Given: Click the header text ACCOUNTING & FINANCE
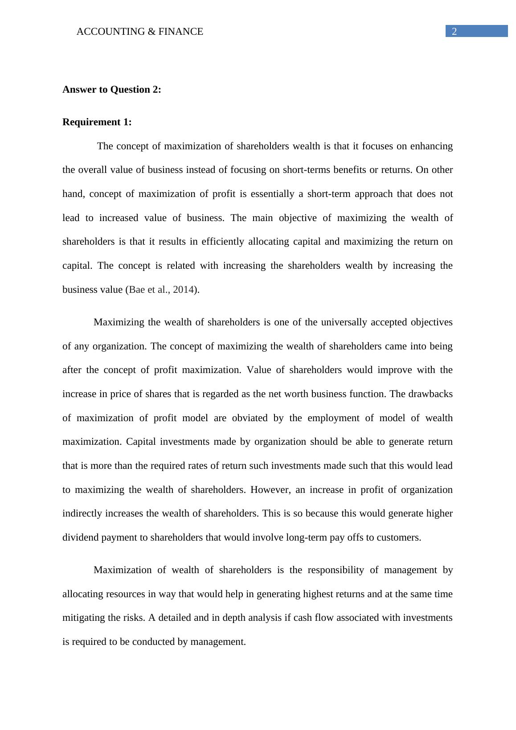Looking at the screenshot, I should [139, 32].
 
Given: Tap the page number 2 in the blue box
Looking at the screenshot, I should [454, 32].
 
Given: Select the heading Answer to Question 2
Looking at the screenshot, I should [111, 90].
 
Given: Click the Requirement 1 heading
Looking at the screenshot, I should [97, 122].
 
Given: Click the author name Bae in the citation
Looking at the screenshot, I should [136, 290].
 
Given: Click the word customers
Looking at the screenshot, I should [398, 537].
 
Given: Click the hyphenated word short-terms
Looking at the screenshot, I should [308, 170].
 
